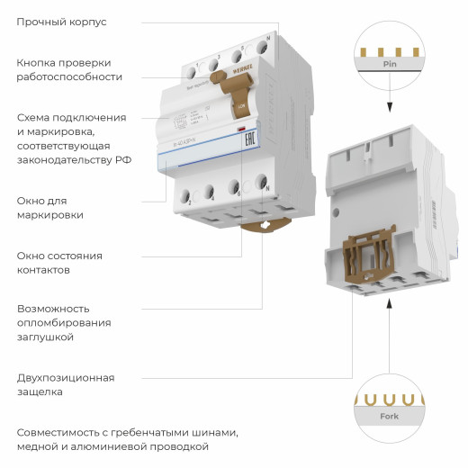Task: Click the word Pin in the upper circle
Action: coord(389,65)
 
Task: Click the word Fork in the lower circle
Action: coord(389,416)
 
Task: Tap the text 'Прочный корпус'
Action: coord(61,21)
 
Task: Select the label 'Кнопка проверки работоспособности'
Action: coord(68,69)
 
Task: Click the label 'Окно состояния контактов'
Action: coord(58,262)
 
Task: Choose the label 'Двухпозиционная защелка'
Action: coord(66,384)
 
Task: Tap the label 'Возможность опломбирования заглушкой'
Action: coord(64,322)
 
